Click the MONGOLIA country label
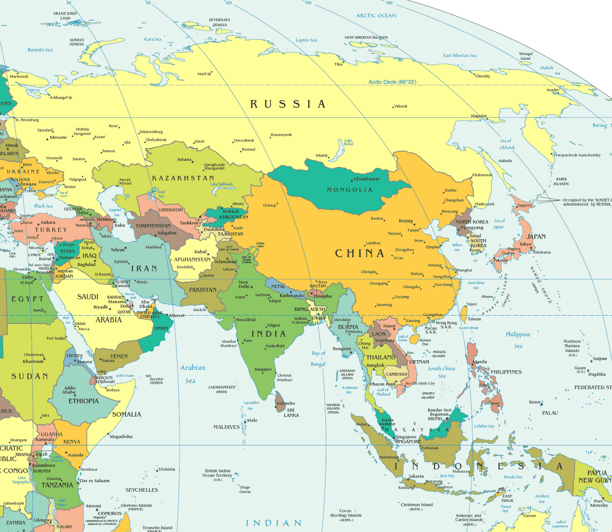pos(349,190)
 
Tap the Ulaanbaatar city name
pos(366,179)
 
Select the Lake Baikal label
pos(348,142)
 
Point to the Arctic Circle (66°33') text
pos(392,82)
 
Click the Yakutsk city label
pos(400,106)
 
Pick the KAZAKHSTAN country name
pos(183,178)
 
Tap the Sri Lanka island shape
pos(280,402)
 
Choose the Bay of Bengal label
pos(318,359)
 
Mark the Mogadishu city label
pos(121,436)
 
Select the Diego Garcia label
pos(245,490)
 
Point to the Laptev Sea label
pos(306,40)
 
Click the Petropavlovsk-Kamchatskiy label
pos(577,155)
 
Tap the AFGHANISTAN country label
pos(192,259)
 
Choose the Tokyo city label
pos(525,244)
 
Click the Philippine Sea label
pos(518,340)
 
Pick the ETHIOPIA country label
pos(83,401)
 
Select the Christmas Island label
pos(417,504)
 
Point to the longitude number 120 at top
pos(228,3)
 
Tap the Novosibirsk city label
pos(244,140)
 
